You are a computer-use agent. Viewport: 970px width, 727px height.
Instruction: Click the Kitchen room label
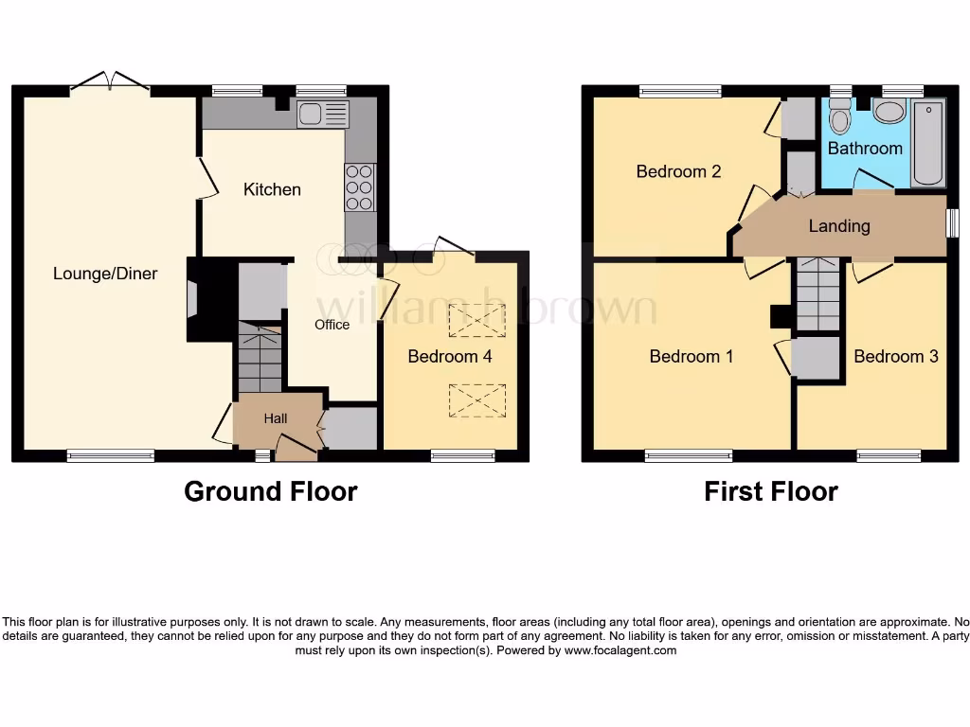click(272, 189)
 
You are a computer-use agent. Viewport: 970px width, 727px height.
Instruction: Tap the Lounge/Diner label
click(105, 274)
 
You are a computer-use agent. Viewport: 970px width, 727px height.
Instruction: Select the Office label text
click(332, 325)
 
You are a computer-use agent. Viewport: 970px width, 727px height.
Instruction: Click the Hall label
click(276, 418)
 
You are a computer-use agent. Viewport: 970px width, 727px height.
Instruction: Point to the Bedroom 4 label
click(450, 356)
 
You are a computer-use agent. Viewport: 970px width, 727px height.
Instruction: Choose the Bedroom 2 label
click(678, 171)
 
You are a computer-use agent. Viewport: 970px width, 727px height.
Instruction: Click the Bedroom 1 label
click(692, 356)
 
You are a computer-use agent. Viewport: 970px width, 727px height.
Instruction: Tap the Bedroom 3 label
click(896, 356)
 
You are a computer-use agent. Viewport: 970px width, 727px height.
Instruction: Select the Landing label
click(839, 225)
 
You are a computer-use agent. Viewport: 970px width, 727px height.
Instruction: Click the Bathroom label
click(865, 149)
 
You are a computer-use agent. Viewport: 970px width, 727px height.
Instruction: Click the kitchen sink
click(322, 115)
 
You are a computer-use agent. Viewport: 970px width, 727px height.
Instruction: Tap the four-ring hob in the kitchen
click(360, 187)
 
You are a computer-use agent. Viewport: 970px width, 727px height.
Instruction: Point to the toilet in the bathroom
click(839, 119)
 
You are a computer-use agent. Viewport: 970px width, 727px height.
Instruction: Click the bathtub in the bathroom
click(928, 144)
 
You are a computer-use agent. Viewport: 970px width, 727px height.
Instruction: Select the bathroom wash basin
click(889, 113)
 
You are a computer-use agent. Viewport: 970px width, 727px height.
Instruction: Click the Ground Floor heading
click(270, 491)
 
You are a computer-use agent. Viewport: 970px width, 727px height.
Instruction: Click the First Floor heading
click(770, 491)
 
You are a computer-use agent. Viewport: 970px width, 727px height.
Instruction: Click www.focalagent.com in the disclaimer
click(620, 650)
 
